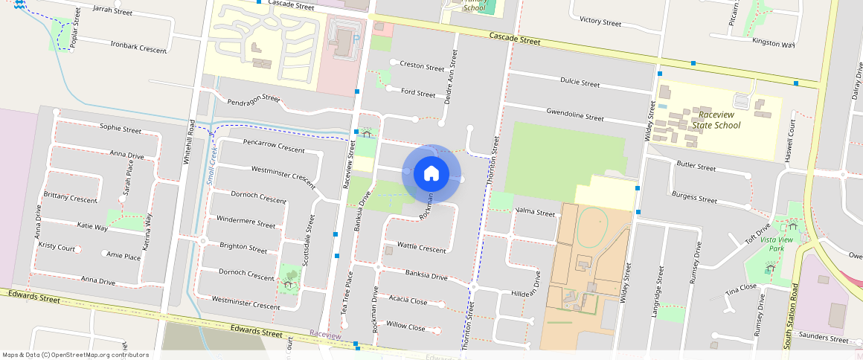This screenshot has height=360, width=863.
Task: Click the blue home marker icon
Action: (431, 173)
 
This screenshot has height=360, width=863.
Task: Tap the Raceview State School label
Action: (716, 120)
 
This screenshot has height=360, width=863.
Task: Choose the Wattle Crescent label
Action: (421, 247)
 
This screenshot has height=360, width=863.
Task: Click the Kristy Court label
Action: (57, 246)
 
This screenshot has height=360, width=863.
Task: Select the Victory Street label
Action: (600, 22)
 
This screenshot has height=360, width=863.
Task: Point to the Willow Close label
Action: (405, 327)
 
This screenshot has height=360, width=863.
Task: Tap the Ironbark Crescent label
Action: (138, 47)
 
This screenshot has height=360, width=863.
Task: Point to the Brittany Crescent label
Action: (71, 199)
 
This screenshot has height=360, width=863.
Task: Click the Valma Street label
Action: (535, 213)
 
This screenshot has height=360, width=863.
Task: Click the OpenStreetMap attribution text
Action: (75, 355)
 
